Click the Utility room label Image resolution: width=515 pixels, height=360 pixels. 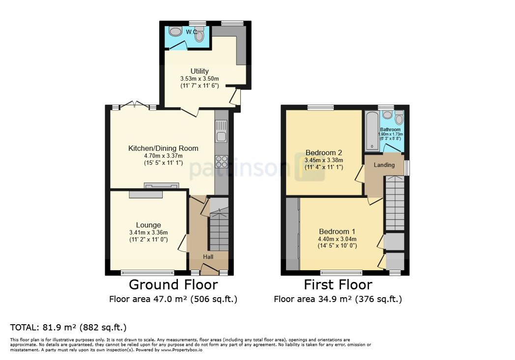point(200,71)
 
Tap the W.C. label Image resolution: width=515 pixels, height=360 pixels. point(192,32)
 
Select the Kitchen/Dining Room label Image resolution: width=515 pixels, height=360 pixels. point(163,148)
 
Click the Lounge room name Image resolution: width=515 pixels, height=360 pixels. point(148,225)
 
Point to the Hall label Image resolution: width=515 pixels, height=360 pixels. point(208,257)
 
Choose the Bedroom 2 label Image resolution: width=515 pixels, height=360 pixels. point(323,153)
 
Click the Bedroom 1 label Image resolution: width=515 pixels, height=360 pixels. point(337,231)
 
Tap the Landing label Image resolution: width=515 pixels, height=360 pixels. point(384,165)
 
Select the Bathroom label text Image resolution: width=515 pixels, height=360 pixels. point(390,130)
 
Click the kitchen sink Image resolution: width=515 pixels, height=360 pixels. point(221,131)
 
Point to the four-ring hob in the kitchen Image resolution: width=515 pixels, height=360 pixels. point(221,162)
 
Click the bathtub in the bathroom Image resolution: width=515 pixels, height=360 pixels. point(372,131)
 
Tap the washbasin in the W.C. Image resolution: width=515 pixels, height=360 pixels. point(175,31)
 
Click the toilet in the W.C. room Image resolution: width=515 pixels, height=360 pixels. point(199,34)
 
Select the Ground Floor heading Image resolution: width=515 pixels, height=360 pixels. point(173,284)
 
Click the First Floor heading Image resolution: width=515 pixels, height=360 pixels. point(338,284)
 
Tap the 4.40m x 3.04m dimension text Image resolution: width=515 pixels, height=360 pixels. point(337,239)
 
